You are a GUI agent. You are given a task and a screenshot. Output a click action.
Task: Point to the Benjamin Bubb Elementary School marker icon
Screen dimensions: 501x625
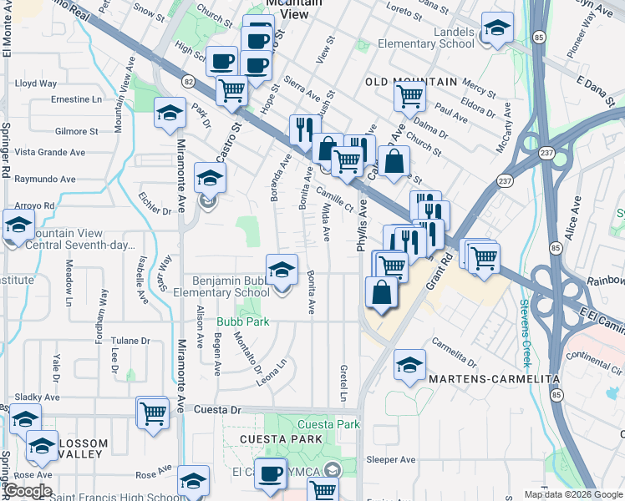pos(282,270)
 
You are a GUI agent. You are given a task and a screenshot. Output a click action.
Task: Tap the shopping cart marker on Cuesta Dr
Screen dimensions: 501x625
pos(153,412)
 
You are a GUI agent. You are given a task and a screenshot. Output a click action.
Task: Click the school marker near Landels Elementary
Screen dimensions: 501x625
pos(497,29)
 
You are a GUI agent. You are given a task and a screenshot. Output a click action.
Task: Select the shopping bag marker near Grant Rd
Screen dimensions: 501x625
pos(382,293)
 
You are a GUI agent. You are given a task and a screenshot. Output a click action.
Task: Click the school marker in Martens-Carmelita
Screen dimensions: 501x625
pos(409,365)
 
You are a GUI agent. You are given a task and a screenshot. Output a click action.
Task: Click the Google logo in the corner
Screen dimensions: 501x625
pos(27,491)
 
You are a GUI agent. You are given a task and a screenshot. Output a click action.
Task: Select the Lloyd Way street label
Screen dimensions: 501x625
pos(36,83)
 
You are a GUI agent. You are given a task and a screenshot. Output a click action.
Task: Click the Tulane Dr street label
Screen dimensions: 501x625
pos(130,341)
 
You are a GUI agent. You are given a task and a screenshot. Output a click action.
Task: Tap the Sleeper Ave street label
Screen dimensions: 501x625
pos(390,459)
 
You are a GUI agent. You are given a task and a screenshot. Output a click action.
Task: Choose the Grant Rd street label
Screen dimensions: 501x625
pos(438,272)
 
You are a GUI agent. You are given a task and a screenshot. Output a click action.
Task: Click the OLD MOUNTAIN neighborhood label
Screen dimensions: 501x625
pos(411,82)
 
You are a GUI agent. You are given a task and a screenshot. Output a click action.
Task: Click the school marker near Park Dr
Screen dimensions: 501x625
pos(170,113)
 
